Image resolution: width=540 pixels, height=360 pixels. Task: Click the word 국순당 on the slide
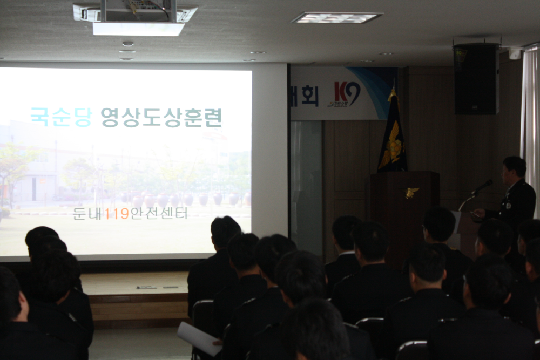tap(60, 117)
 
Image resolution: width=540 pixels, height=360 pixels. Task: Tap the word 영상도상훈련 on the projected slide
tap(161, 117)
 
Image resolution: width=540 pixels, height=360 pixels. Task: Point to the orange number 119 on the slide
tap(117, 213)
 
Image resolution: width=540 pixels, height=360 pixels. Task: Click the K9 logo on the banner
tap(347, 94)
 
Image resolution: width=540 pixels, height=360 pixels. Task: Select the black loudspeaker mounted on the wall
tap(476, 79)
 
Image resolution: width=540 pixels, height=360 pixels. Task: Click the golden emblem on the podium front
tap(412, 192)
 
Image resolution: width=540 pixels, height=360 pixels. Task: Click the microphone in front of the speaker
tap(482, 187)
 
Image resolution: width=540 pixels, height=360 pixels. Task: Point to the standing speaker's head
tap(514, 170)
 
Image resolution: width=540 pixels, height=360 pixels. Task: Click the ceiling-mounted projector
tap(135, 16)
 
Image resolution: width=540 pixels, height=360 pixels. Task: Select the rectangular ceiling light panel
tap(337, 18)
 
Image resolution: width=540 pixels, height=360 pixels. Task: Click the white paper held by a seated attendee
tap(199, 338)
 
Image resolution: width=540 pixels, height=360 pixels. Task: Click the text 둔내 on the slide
tap(88, 213)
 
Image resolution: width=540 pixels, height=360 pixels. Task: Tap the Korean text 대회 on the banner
tap(304, 96)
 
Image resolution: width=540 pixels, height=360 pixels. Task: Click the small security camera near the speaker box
tap(515, 53)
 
